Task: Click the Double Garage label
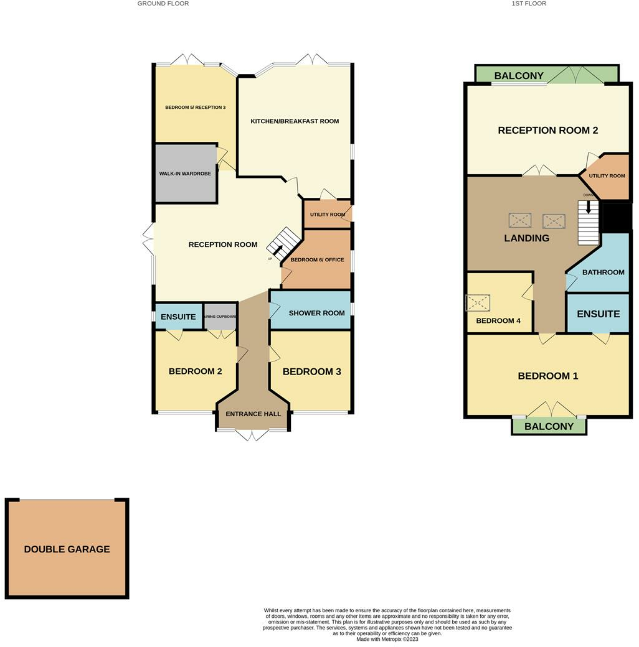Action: click(x=67, y=549)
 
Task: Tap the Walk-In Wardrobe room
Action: click(x=186, y=174)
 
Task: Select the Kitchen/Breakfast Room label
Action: click(x=295, y=121)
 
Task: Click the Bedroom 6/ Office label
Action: click(x=317, y=259)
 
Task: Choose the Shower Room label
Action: click(x=316, y=313)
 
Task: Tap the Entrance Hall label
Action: click(x=253, y=414)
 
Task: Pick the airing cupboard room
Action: click(x=220, y=317)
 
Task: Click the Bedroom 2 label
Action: click(x=195, y=371)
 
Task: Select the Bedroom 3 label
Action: click(x=311, y=371)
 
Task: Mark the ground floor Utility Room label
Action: click(x=327, y=215)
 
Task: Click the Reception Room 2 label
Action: click(x=547, y=131)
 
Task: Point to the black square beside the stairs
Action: click(x=617, y=218)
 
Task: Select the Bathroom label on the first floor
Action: click(x=603, y=272)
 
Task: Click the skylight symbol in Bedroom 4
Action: click(x=478, y=303)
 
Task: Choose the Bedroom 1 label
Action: click(x=548, y=376)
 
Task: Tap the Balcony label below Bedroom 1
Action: click(x=549, y=426)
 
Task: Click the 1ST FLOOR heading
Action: click(x=529, y=4)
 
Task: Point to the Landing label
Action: click(x=526, y=238)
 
